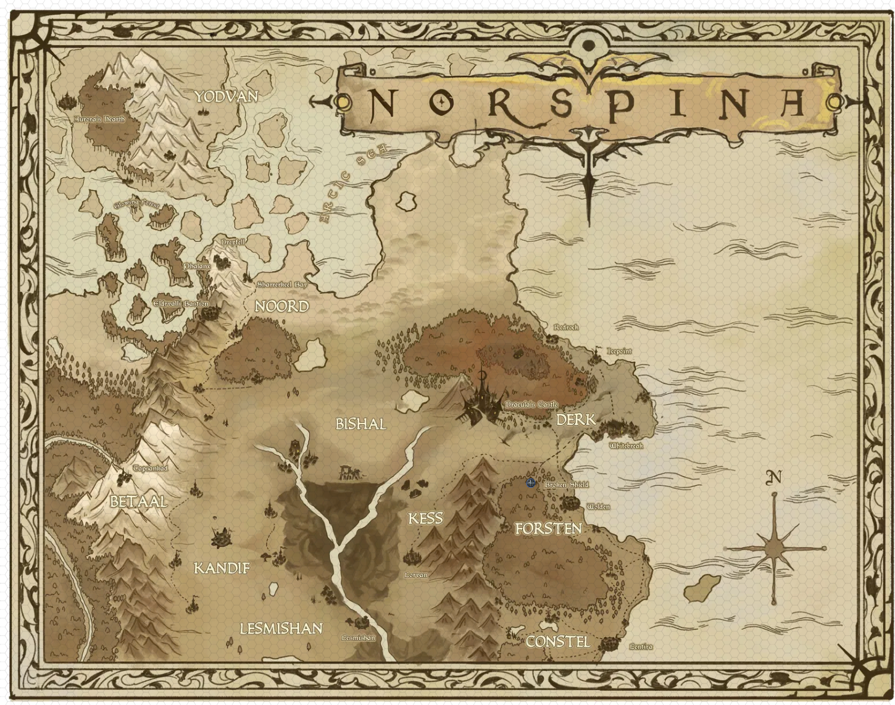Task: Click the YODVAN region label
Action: click(x=226, y=97)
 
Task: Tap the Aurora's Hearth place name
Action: click(x=99, y=119)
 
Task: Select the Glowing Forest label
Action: click(x=136, y=204)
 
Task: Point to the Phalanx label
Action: click(x=197, y=266)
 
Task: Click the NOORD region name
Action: click(x=281, y=306)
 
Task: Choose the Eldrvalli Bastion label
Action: click(x=181, y=304)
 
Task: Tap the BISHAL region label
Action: click(x=360, y=424)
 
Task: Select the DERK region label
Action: click(x=576, y=420)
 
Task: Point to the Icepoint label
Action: click(x=619, y=351)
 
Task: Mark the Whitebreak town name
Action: click(x=626, y=446)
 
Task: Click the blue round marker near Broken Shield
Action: click(x=531, y=483)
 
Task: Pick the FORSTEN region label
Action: click(x=548, y=528)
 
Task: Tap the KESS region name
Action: click(x=425, y=518)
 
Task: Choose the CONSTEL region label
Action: click(x=557, y=642)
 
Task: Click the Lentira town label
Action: click(x=641, y=647)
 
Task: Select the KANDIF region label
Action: click(x=222, y=568)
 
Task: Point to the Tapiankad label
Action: click(x=150, y=469)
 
